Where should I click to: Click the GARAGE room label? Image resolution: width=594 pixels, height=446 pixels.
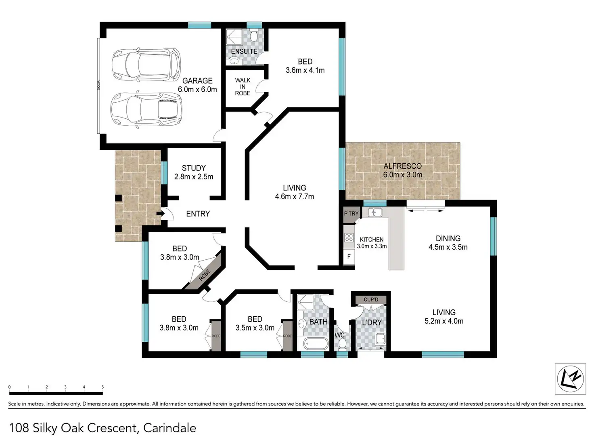pos(197,81)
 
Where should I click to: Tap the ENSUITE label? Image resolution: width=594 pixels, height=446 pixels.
pos(244,51)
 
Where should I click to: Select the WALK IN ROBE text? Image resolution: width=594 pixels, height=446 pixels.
pos(243,86)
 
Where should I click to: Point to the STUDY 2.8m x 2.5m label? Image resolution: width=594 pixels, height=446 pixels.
pos(194,172)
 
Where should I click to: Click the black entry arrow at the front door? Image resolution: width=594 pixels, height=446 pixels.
pos(161,214)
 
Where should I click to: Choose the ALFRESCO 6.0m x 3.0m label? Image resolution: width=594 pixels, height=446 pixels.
pos(403,170)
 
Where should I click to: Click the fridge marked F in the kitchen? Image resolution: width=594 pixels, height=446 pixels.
pos(349,256)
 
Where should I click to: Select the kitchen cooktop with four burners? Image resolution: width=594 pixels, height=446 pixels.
pos(349,238)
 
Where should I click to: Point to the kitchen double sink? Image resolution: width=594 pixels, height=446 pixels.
pos(375,212)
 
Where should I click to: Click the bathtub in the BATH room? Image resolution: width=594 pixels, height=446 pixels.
pos(316,344)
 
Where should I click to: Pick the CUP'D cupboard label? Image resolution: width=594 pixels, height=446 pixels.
pos(371,299)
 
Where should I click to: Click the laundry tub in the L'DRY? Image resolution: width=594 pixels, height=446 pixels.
pos(381,339)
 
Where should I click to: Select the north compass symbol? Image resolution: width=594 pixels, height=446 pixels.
pos(570,379)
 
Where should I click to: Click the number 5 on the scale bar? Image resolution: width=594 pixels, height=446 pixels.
pos(102,387)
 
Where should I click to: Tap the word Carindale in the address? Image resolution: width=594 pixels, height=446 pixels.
pos(169,428)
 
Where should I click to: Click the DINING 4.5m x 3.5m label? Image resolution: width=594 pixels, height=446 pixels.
pos(448,243)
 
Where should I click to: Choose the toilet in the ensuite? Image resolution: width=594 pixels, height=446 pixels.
pos(254,36)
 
